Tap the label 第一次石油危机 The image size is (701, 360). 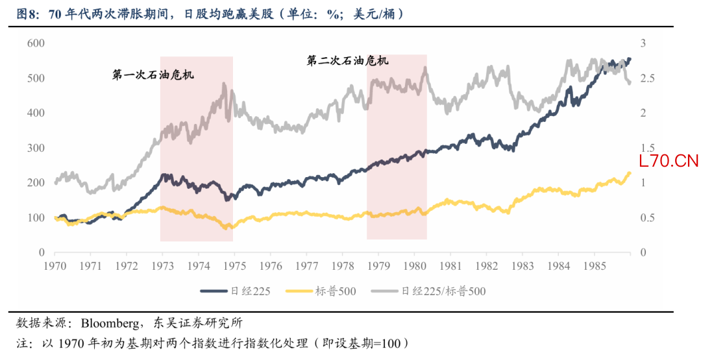click(154, 75)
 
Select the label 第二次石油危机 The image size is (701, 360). click(348, 61)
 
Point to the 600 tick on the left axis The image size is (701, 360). click(36, 43)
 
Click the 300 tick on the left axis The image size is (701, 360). click(36, 148)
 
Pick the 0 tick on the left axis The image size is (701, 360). click(41, 252)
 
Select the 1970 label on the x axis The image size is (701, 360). click(55, 266)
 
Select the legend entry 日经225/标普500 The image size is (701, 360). click(443, 291)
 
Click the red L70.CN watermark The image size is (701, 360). click(669, 162)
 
